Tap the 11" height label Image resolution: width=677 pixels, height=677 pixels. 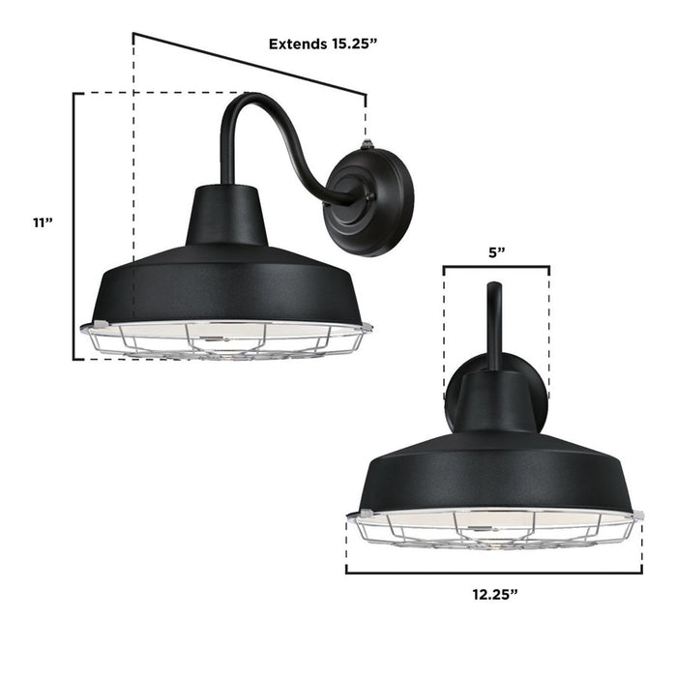[x=42, y=222]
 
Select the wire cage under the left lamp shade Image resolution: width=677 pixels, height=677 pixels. [x=226, y=340]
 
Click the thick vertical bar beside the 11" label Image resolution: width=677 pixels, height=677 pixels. [x=75, y=222]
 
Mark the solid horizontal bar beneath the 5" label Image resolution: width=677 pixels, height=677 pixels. [x=496, y=268]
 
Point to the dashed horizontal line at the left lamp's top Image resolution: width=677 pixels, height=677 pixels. [x=155, y=93]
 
